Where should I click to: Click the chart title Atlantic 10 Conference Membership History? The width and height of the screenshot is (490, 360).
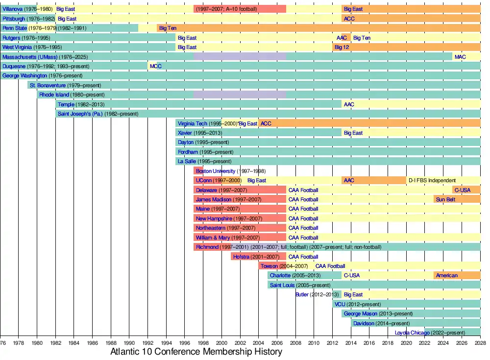(196, 352)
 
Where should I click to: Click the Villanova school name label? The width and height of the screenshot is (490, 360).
(13, 9)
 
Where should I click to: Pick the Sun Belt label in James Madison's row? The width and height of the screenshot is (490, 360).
(445, 199)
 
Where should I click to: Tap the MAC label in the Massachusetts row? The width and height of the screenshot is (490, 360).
(460, 57)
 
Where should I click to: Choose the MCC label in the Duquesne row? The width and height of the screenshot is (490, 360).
(155, 66)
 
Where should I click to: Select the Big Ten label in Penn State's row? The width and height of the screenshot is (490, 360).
(168, 28)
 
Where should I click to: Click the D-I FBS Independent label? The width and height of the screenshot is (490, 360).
(432, 180)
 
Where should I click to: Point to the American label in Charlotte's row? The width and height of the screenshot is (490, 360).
(446, 275)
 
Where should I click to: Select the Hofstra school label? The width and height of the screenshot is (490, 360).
(242, 257)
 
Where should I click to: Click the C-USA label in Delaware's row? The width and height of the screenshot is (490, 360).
(463, 190)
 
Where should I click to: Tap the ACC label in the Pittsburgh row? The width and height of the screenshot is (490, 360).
(349, 19)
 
